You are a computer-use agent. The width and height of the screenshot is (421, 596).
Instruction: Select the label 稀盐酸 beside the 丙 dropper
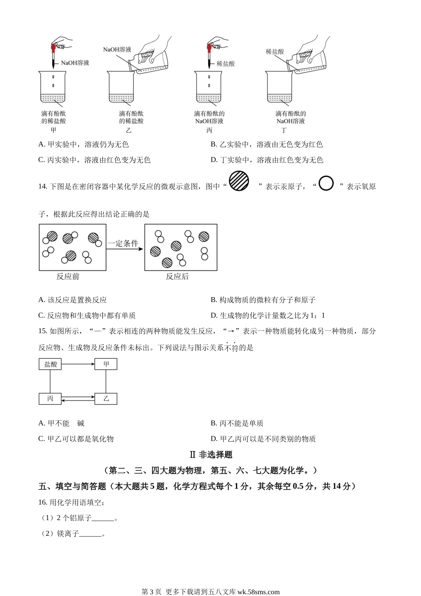click(226, 63)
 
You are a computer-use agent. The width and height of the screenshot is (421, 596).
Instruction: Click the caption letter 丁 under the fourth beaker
click(284, 130)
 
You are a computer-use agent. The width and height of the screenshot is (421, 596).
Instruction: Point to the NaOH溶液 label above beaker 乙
click(117, 49)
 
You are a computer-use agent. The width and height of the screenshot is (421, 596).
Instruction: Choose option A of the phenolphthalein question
click(83, 145)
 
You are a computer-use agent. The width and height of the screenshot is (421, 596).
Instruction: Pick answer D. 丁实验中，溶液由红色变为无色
click(267, 160)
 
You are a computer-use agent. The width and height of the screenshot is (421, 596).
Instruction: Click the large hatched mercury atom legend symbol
click(239, 181)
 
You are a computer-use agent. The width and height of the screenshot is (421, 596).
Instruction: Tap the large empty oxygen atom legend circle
click(326, 183)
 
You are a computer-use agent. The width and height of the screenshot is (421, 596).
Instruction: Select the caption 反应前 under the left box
click(67, 277)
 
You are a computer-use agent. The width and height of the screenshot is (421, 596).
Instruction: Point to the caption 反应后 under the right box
click(177, 277)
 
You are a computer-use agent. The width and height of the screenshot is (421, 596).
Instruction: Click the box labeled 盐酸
click(50, 364)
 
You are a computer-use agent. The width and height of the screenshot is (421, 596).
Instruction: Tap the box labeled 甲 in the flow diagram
click(106, 364)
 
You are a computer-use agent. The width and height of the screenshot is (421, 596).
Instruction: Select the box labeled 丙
click(50, 398)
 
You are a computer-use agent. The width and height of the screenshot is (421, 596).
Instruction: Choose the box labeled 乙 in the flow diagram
click(106, 398)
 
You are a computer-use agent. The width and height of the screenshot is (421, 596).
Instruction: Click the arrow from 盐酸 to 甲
click(78, 364)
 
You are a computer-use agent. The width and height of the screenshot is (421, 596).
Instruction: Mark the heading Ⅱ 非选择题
click(211, 455)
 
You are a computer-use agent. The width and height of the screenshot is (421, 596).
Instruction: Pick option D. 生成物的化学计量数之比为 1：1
click(268, 315)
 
